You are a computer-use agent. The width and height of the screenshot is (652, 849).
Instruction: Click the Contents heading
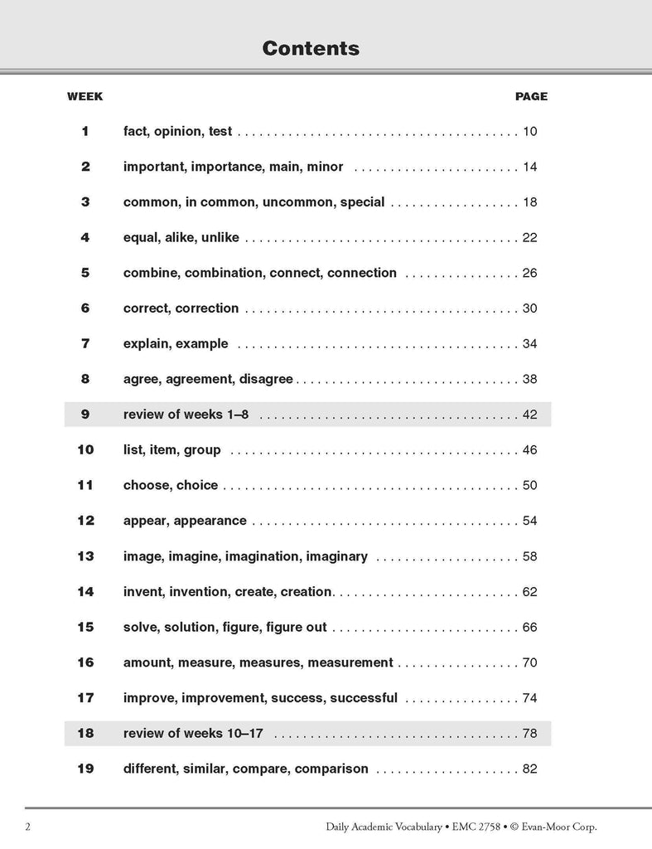(x=311, y=48)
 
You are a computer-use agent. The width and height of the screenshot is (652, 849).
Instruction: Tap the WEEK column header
(x=85, y=96)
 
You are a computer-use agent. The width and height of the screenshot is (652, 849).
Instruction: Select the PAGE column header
(x=531, y=96)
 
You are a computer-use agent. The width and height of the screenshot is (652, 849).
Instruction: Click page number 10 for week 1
(x=530, y=131)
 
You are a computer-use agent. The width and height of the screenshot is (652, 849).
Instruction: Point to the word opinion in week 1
(x=178, y=131)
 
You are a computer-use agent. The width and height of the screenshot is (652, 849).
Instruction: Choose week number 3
(x=85, y=201)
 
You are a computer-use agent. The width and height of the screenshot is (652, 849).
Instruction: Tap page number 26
(x=530, y=273)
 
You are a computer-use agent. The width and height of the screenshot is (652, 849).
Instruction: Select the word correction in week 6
(x=207, y=308)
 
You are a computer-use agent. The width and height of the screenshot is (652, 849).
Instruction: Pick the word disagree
(x=266, y=379)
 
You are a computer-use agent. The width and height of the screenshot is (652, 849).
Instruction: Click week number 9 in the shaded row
(x=85, y=415)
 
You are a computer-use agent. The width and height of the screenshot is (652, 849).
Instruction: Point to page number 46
(x=530, y=450)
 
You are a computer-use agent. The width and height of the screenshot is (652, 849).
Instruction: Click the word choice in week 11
(x=197, y=485)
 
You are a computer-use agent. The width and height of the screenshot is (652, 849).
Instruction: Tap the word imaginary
(x=336, y=556)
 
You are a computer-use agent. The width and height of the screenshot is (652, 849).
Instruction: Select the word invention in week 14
(x=199, y=592)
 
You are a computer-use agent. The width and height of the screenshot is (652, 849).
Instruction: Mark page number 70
(x=530, y=662)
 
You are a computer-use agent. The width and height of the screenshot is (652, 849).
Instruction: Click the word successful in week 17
(x=364, y=698)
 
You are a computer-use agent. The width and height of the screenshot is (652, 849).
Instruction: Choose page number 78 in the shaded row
(x=530, y=734)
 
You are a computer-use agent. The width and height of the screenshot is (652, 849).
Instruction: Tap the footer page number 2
(x=28, y=827)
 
